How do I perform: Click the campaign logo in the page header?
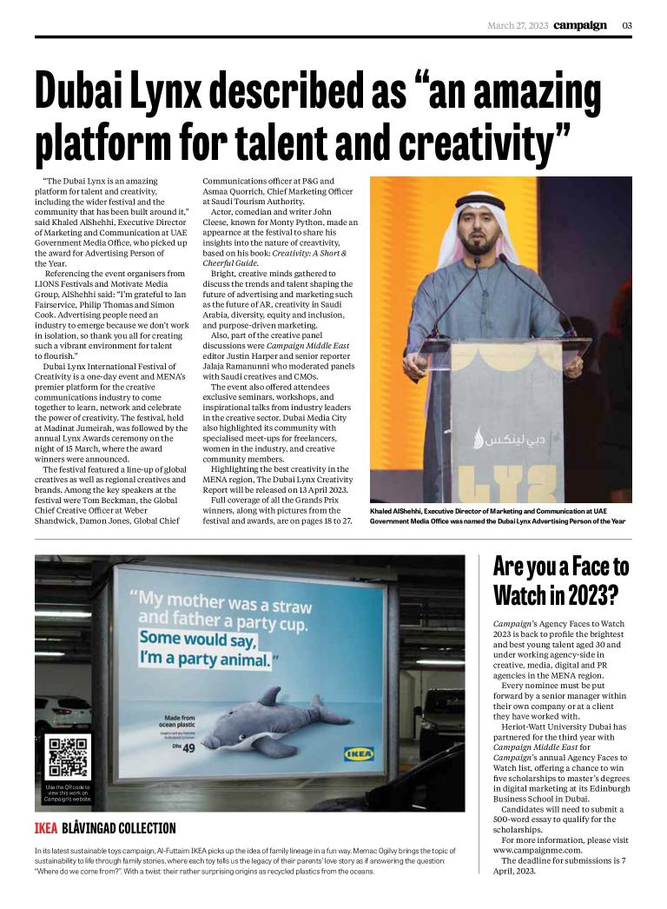[x=580, y=25]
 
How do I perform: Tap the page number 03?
[x=626, y=25]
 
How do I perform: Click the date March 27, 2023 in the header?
[x=517, y=25]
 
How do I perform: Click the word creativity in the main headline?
[x=486, y=142]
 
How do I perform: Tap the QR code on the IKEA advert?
[x=67, y=758]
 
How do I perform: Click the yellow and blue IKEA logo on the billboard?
[x=359, y=753]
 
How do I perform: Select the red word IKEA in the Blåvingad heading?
[x=46, y=828]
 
